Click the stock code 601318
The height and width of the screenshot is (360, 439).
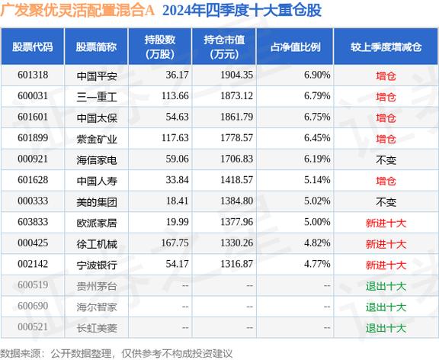tap(32, 76)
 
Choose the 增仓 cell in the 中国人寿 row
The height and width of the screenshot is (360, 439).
tap(386, 181)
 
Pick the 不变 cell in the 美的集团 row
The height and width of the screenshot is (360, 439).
tap(386, 202)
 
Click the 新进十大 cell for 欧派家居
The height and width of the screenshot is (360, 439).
tap(386, 223)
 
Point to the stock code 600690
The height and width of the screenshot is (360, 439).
tap(32, 307)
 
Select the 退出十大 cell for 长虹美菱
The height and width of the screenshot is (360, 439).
tap(386, 328)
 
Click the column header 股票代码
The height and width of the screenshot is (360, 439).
tap(32, 47)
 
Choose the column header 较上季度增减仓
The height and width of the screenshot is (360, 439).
tap(386, 47)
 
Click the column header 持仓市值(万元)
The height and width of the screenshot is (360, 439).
tap(223, 47)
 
